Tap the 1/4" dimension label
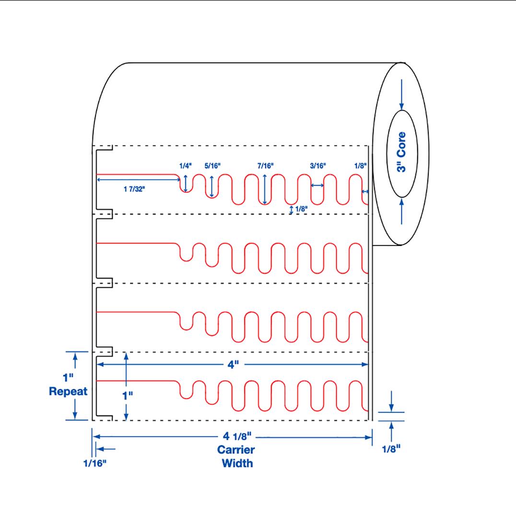coord(185,166)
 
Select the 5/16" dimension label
coord(212,166)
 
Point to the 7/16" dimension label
coord(265,166)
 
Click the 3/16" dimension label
coord(318,166)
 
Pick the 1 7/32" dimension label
coord(134,188)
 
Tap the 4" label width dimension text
coord(233,365)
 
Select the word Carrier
coord(235,450)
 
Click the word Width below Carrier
coord(237,463)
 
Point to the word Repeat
coord(68,391)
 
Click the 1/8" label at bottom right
coord(391,449)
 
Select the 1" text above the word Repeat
coord(68,378)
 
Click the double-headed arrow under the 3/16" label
coord(317,185)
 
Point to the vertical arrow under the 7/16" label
coord(265,189)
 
